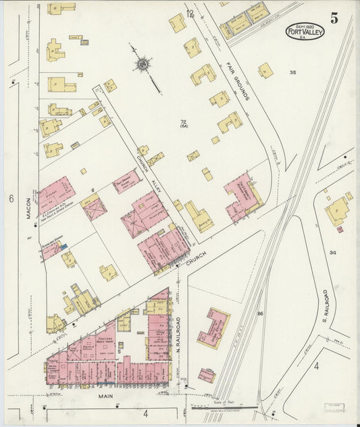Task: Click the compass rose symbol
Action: pos(143,64)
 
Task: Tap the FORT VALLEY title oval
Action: pos(305,32)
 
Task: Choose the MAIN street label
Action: pos(103,397)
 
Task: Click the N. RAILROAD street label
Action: pos(179,336)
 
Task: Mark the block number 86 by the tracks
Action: pos(260,313)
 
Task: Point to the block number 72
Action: pos(183,122)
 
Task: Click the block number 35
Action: pos(292,72)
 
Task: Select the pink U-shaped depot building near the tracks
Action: pos(213,328)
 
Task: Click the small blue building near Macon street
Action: pos(63,247)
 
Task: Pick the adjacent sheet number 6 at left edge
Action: pos(11,199)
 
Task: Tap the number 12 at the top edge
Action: pos(190,14)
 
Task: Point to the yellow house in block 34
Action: pos(337,211)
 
